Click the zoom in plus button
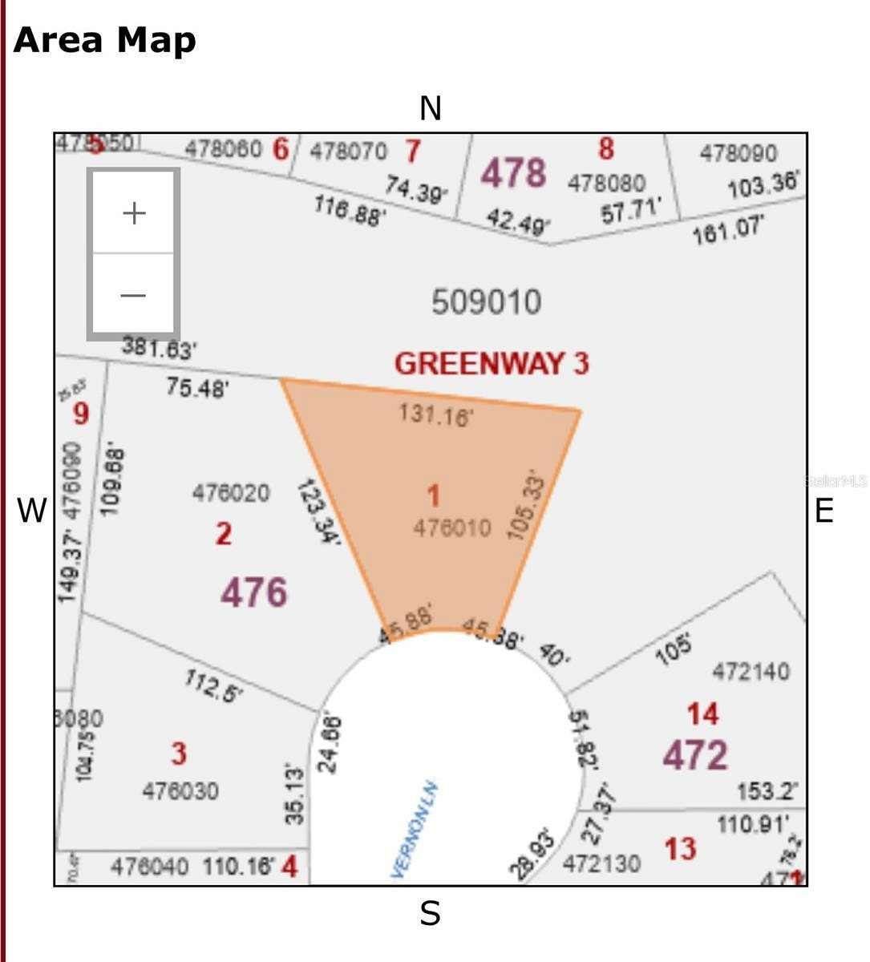(x=134, y=212)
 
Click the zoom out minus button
(x=134, y=295)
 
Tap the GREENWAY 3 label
(x=491, y=363)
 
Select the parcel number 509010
(x=486, y=302)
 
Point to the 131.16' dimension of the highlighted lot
(x=436, y=414)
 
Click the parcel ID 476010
(x=452, y=527)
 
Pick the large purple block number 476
(x=253, y=592)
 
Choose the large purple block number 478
(x=513, y=172)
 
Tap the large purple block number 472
(x=694, y=754)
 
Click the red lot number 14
(x=702, y=713)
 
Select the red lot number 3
(x=179, y=754)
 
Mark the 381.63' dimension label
(x=160, y=348)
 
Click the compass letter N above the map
(x=431, y=108)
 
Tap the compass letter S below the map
(x=430, y=912)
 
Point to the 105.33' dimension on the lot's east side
(x=527, y=507)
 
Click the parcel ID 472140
(x=751, y=671)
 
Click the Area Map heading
(x=105, y=40)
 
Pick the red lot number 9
(x=81, y=414)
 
